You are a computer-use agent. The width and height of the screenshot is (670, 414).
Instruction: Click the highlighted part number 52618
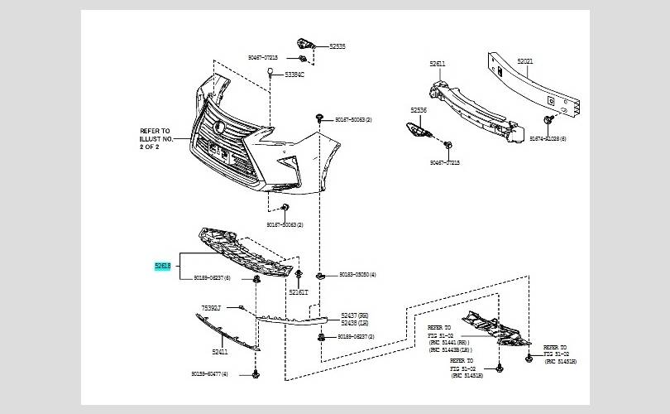163,266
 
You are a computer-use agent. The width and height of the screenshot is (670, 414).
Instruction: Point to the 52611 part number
438,64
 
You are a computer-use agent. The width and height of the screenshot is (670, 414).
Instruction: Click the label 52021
527,62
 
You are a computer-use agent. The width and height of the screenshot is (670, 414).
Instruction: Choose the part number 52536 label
419,109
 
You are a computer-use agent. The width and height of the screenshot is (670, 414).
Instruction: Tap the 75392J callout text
211,308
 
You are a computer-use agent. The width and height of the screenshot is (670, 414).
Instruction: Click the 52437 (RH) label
357,315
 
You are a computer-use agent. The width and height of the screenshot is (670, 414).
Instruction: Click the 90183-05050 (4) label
357,274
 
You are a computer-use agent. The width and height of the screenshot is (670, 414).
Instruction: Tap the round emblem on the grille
220,126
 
